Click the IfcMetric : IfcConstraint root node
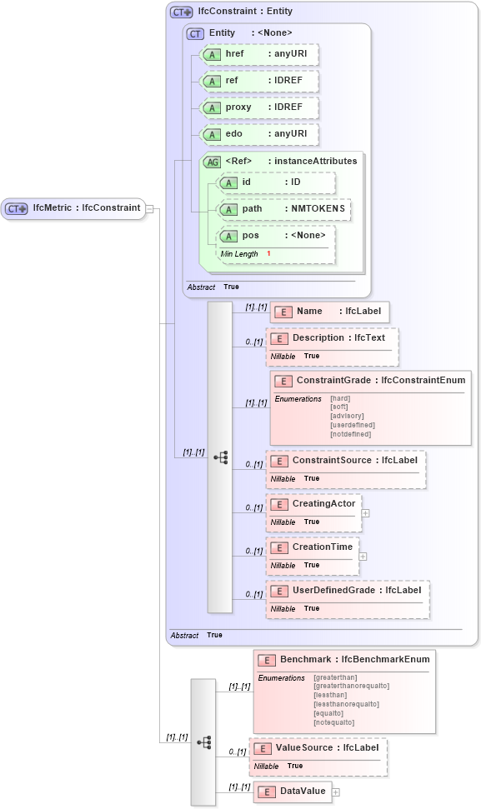(x=75, y=207)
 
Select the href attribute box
(x=259, y=54)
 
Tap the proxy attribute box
(x=259, y=107)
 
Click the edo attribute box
(x=259, y=134)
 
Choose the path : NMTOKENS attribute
(x=283, y=209)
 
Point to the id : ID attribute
(x=276, y=182)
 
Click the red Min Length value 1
(x=268, y=253)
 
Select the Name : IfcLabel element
(x=329, y=312)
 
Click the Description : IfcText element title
(x=333, y=338)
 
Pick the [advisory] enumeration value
(x=346, y=416)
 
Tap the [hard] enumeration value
(x=340, y=398)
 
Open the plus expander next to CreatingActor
(x=365, y=513)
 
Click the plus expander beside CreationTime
(x=363, y=557)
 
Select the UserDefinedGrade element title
(x=348, y=590)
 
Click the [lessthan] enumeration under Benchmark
(x=331, y=695)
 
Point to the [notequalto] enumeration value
(x=334, y=722)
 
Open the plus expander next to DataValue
(x=336, y=792)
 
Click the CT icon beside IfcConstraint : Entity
(x=181, y=12)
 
